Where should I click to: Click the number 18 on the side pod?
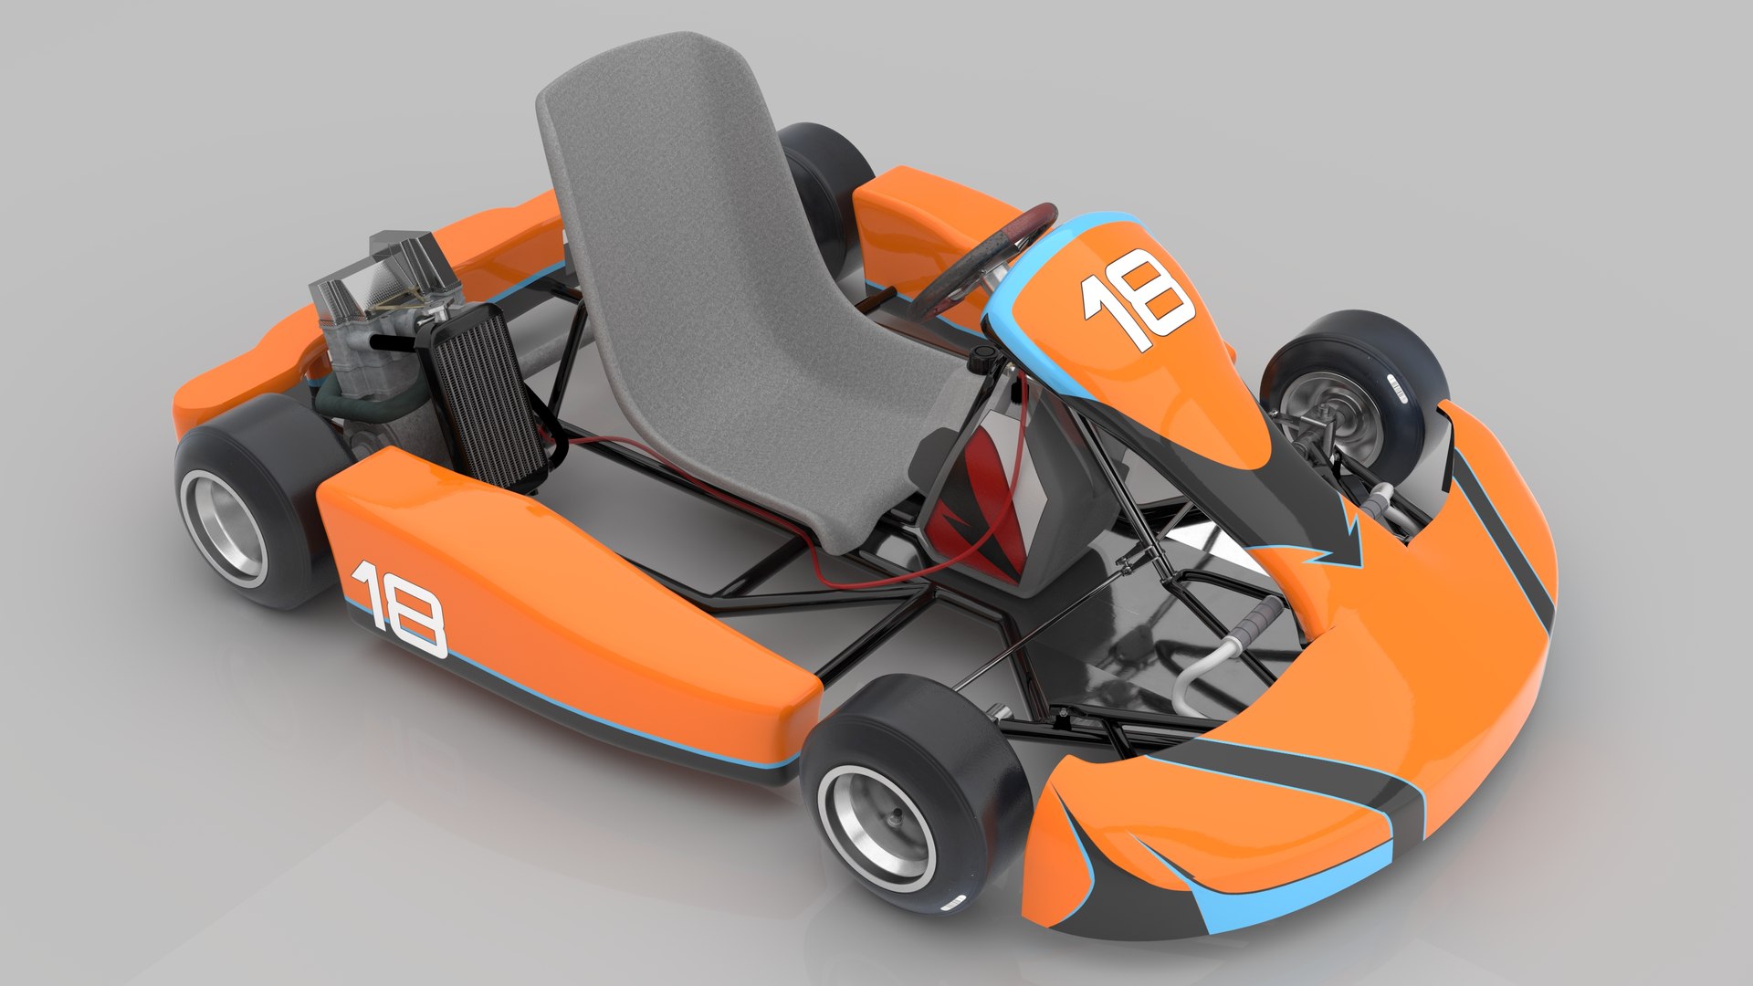coord(399,609)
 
